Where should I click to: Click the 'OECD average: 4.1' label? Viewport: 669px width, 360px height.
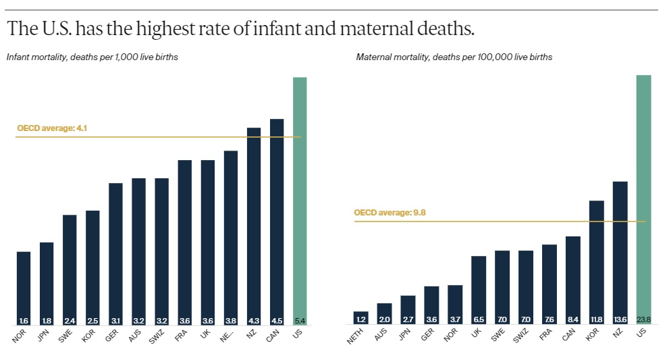coord(53,128)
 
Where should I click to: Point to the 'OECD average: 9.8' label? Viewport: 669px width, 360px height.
coord(390,213)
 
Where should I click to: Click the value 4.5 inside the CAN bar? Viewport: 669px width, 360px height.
coord(277,320)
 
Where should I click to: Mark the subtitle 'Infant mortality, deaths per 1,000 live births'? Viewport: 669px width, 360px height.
coord(92,57)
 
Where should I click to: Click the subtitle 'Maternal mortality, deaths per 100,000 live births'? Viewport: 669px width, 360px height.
coord(454,57)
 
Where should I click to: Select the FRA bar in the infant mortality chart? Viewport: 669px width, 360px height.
coord(185,240)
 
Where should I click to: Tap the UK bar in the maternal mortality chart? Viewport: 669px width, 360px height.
coord(479,287)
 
